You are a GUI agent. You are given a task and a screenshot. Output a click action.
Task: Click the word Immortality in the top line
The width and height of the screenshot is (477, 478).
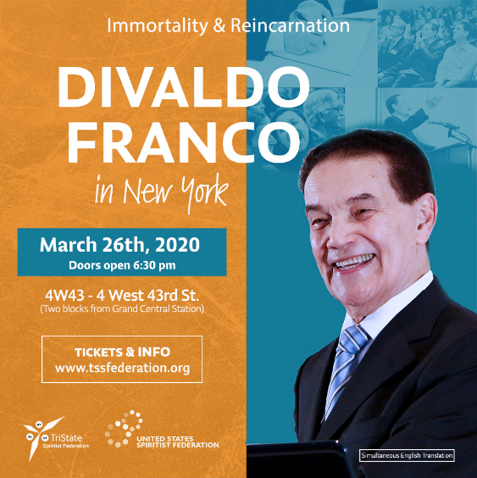(158, 26)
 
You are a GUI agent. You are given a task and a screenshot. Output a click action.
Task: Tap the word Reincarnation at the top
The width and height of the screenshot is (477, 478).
(290, 25)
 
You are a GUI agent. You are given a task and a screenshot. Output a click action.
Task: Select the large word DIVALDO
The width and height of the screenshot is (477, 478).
(184, 86)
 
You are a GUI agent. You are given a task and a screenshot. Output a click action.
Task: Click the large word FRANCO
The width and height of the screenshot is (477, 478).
(184, 142)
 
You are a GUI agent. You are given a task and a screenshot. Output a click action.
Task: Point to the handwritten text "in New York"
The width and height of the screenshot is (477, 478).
(162, 192)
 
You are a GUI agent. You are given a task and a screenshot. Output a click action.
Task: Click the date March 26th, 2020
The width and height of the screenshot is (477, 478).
(119, 244)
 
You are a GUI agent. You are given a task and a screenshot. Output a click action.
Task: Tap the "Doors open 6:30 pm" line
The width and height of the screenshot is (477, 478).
(122, 265)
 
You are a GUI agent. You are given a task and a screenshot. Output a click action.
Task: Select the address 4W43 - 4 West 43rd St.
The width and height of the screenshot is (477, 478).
(122, 295)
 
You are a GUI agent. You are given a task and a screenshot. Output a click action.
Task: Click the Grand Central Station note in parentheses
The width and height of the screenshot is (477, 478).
(122, 308)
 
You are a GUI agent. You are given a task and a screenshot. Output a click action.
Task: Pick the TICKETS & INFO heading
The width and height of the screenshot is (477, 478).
(123, 353)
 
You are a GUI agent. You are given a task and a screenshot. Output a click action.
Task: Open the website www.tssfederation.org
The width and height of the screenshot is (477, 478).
(123, 368)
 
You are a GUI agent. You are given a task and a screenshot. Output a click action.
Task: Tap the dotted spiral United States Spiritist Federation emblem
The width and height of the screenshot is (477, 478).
(125, 429)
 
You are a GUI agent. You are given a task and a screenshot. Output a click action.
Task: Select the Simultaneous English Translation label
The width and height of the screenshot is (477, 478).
(407, 455)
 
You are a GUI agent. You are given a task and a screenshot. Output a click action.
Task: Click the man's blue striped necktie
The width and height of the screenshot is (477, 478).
(346, 369)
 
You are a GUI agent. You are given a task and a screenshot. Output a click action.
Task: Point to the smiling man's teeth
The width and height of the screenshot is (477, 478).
(354, 262)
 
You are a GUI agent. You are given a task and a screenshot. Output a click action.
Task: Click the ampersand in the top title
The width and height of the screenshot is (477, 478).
(219, 26)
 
